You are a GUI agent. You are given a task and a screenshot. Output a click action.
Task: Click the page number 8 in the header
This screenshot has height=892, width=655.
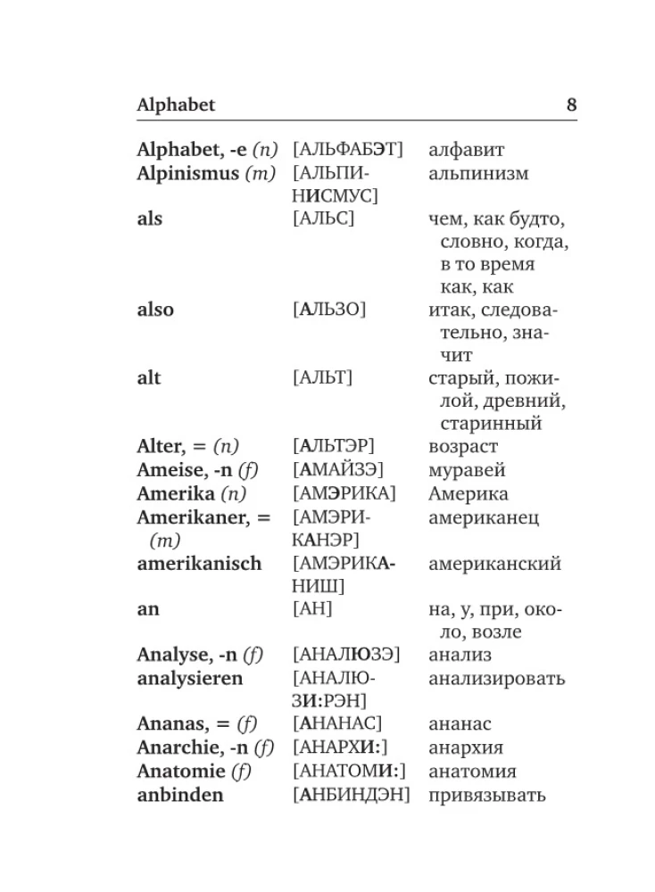point(571,105)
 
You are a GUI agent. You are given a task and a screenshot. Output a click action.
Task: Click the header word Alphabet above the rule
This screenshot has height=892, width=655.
point(176,105)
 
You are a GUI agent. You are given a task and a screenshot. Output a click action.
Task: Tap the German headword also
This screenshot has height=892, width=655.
point(155,310)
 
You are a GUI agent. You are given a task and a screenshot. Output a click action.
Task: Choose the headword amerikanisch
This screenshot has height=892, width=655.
point(199,564)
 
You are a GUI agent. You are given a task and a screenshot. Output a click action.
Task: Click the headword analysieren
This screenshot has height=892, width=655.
point(189,679)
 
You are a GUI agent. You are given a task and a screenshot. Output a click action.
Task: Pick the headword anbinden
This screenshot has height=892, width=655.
point(180,795)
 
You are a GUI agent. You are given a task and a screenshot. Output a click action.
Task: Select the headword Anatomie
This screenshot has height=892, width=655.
point(182,772)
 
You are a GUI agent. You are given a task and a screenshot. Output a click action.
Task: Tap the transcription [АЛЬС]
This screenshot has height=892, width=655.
point(323,219)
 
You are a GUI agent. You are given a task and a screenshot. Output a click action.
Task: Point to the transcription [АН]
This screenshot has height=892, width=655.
point(312,609)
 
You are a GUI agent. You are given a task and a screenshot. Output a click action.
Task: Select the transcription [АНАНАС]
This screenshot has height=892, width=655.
point(337,724)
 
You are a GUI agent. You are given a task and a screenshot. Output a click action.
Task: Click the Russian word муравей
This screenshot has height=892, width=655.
point(467,470)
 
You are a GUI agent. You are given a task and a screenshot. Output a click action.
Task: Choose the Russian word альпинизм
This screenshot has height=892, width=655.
point(478,174)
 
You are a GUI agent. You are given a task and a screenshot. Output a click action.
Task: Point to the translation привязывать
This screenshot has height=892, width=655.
point(487,795)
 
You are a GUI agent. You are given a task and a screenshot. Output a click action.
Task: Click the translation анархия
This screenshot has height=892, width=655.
point(466,748)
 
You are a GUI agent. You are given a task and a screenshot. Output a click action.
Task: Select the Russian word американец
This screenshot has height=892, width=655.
point(484,517)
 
